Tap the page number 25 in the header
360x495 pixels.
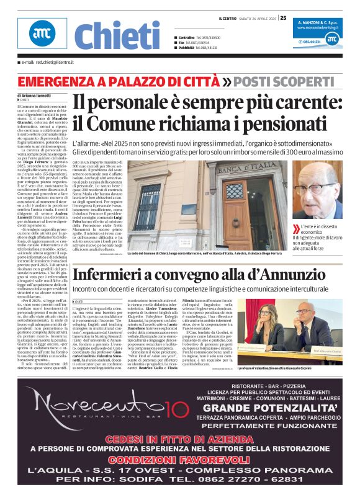coord(283,18)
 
